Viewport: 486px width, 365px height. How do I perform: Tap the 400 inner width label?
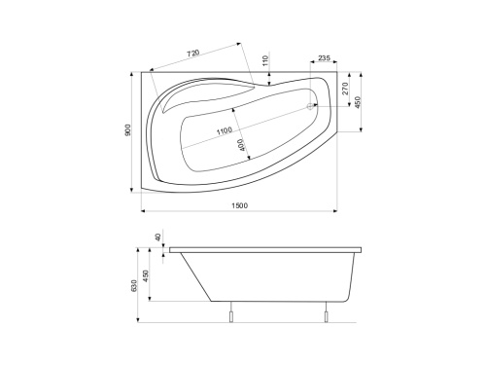(241, 146)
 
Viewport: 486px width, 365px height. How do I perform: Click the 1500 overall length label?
(239, 204)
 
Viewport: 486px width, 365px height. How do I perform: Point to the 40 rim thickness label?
(156, 237)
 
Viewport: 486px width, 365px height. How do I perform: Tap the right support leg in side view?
(327, 313)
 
